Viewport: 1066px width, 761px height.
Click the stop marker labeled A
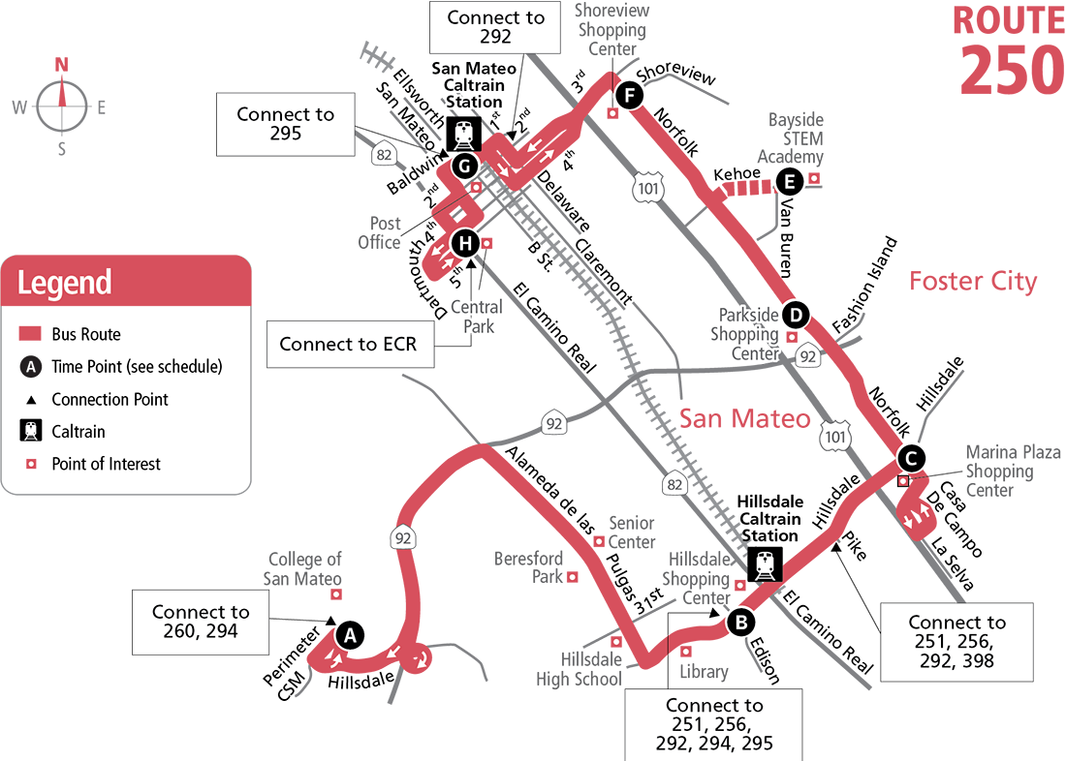coord(350,635)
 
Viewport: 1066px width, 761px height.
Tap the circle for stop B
coord(740,622)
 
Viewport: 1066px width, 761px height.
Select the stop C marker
coord(910,457)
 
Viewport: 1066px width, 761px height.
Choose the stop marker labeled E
coord(789,181)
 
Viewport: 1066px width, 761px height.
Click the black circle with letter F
coord(628,95)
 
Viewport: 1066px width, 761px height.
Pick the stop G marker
coord(464,167)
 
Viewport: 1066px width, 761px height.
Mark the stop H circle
coord(465,244)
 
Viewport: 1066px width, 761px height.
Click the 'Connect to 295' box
coord(285,124)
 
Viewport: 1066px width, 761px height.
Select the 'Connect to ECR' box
coord(348,344)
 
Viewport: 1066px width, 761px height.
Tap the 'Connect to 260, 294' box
coord(201,622)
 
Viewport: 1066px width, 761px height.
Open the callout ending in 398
coord(956,642)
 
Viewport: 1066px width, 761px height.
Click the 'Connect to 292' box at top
coord(495,27)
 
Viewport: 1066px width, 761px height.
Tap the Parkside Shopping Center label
coord(749,334)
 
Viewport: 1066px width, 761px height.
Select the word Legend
coord(64,283)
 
